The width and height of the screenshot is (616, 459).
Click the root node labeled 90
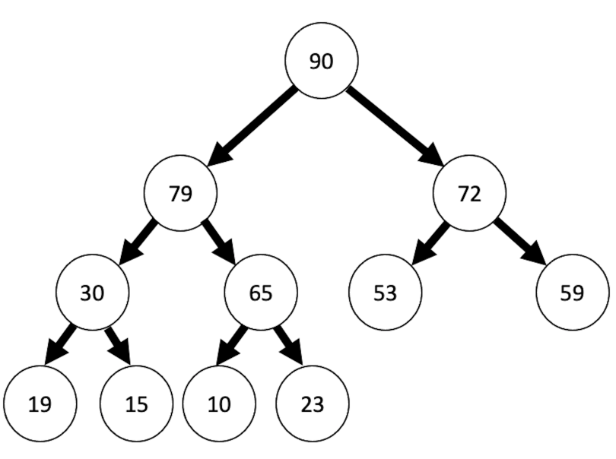tap(321, 62)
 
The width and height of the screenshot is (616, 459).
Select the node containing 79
tap(180, 194)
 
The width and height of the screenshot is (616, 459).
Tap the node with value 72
tap(469, 194)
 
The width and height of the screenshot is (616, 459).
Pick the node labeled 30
tap(92, 293)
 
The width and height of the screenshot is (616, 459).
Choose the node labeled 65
tap(261, 293)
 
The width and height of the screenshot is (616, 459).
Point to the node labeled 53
tap(386, 293)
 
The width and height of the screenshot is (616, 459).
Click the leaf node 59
tap(572, 293)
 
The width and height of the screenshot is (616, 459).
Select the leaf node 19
tap(40, 404)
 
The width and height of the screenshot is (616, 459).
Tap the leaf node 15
tap(136, 404)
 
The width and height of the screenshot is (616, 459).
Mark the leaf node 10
tap(219, 404)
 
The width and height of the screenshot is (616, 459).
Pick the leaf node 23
tap(312, 404)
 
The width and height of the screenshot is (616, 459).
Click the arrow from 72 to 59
tap(521, 242)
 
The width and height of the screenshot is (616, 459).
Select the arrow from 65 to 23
tap(288, 346)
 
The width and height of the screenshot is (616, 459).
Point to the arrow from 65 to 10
tap(233, 346)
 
